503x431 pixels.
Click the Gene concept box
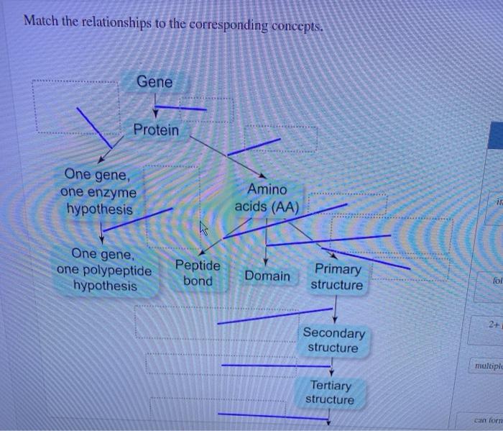click(x=154, y=82)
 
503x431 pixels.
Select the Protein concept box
click(x=156, y=130)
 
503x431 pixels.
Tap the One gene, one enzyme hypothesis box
click(x=99, y=191)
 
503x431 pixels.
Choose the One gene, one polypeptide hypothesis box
click(x=105, y=270)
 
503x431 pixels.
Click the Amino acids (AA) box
click(x=267, y=197)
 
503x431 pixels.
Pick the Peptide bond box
click(x=198, y=273)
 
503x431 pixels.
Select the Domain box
click(x=267, y=276)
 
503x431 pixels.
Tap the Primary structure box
click(x=337, y=277)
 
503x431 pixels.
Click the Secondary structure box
click(x=333, y=340)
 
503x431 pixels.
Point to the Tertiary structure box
click(x=330, y=392)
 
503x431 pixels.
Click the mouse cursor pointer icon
click(x=203, y=229)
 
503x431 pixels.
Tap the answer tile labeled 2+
click(x=492, y=325)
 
